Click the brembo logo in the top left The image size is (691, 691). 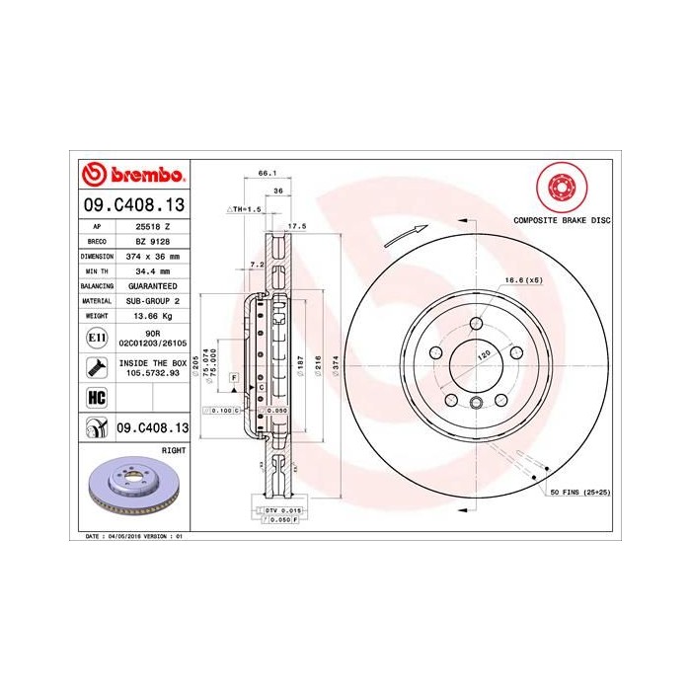coord(132,177)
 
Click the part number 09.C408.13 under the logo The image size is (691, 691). coord(132,206)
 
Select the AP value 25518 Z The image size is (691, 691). coord(151,226)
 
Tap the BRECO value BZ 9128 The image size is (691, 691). coord(151,240)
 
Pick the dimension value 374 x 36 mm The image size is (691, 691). coord(151,255)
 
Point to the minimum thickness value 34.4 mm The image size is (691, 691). coord(151,269)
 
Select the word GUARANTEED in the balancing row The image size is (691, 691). coord(151,284)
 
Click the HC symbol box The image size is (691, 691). coord(97,398)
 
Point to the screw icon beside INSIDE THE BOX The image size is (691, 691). coord(97,367)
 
